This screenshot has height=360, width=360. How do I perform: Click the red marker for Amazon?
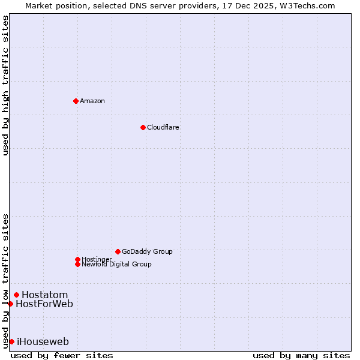(76, 101)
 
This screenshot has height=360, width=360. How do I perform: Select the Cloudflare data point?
(143, 127)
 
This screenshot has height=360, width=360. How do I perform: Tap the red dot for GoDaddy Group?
(118, 251)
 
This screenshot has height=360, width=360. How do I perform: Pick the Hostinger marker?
(77, 259)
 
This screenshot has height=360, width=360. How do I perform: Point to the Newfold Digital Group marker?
(77, 264)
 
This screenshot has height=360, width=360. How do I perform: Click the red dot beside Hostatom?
(16, 295)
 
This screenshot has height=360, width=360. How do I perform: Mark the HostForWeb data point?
(10, 304)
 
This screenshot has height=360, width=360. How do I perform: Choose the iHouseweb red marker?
(11, 341)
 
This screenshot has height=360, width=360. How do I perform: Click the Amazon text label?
(92, 101)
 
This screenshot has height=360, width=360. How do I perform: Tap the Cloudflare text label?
(163, 127)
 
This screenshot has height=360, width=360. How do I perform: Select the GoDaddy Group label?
(147, 251)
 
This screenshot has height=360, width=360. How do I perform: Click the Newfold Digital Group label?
(116, 264)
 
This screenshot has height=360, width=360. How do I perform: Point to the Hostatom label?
(44, 295)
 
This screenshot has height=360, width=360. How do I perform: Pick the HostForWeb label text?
(44, 304)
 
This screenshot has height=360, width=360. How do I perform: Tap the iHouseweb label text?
(43, 341)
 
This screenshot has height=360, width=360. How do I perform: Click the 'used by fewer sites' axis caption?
(62, 355)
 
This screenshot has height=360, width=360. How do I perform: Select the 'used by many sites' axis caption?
(301, 355)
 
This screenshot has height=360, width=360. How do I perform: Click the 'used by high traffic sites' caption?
(5, 85)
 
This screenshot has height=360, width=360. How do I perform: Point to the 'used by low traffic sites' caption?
(5, 280)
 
